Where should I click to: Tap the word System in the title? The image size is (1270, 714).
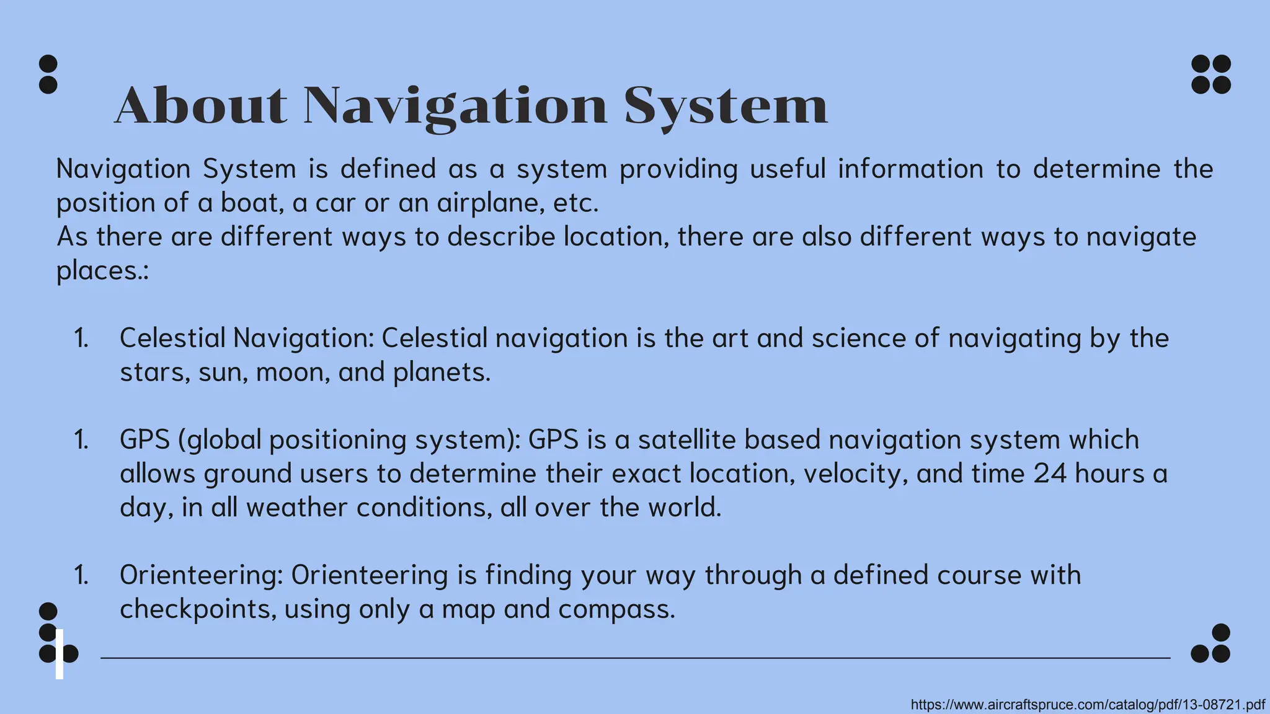(726, 107)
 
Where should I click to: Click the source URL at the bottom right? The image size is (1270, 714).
(1088, 705)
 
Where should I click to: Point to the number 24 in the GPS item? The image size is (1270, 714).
(1050, 474)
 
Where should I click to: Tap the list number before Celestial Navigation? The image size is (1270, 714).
(81, 338)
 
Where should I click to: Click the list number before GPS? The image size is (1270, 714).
(81, 440)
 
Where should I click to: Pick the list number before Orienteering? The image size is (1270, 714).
(81, 576)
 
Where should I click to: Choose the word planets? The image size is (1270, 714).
(442, 373)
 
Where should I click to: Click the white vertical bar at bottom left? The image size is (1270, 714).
(60, 654)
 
